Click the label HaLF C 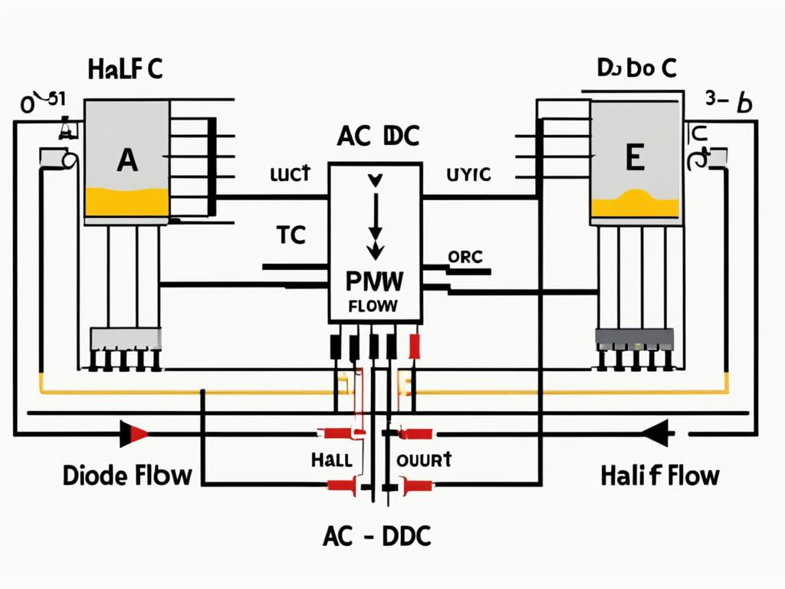[x=125, y=69]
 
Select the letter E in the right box [x=634, y=159]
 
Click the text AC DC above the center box [x=378, y=136]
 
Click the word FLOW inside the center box [x=373, y=306]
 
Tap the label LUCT [x=290, y=174]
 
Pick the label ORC [x=465, y=258]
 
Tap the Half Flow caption [x=660, y=475]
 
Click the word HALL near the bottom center [x=331, y=460]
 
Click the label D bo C [x=636, y=69]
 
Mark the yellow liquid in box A [x=126, y=202]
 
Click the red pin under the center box [x=415, y=347]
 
